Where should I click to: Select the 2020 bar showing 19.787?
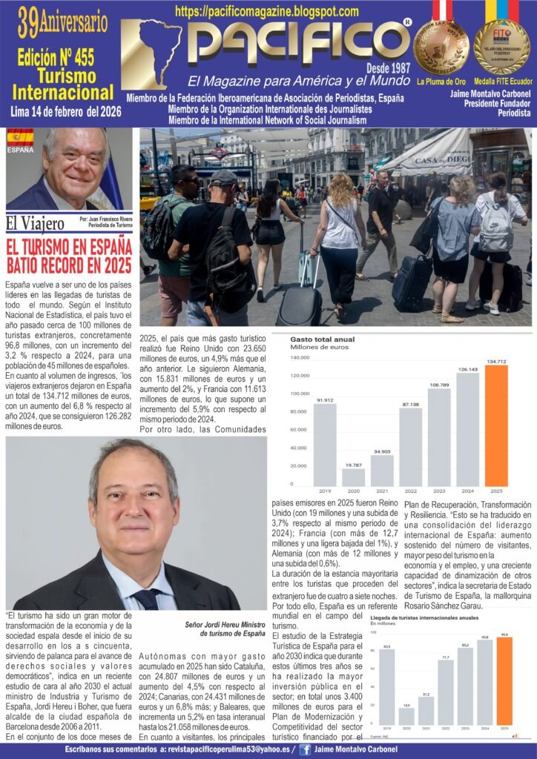353,477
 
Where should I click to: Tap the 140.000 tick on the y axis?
300,357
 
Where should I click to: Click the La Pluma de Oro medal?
441,46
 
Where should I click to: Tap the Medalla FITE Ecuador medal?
502,46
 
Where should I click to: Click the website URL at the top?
267,12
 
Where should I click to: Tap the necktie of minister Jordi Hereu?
146,598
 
